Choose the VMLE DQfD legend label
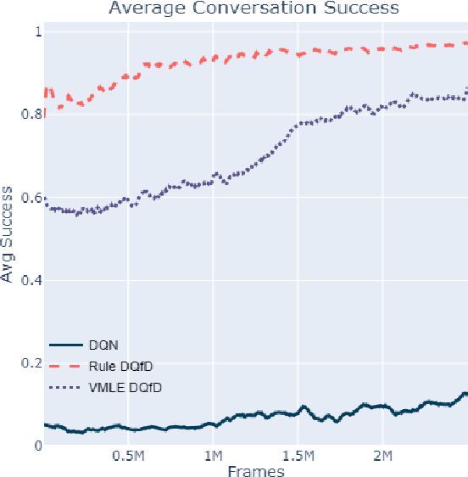coord(125,387)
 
